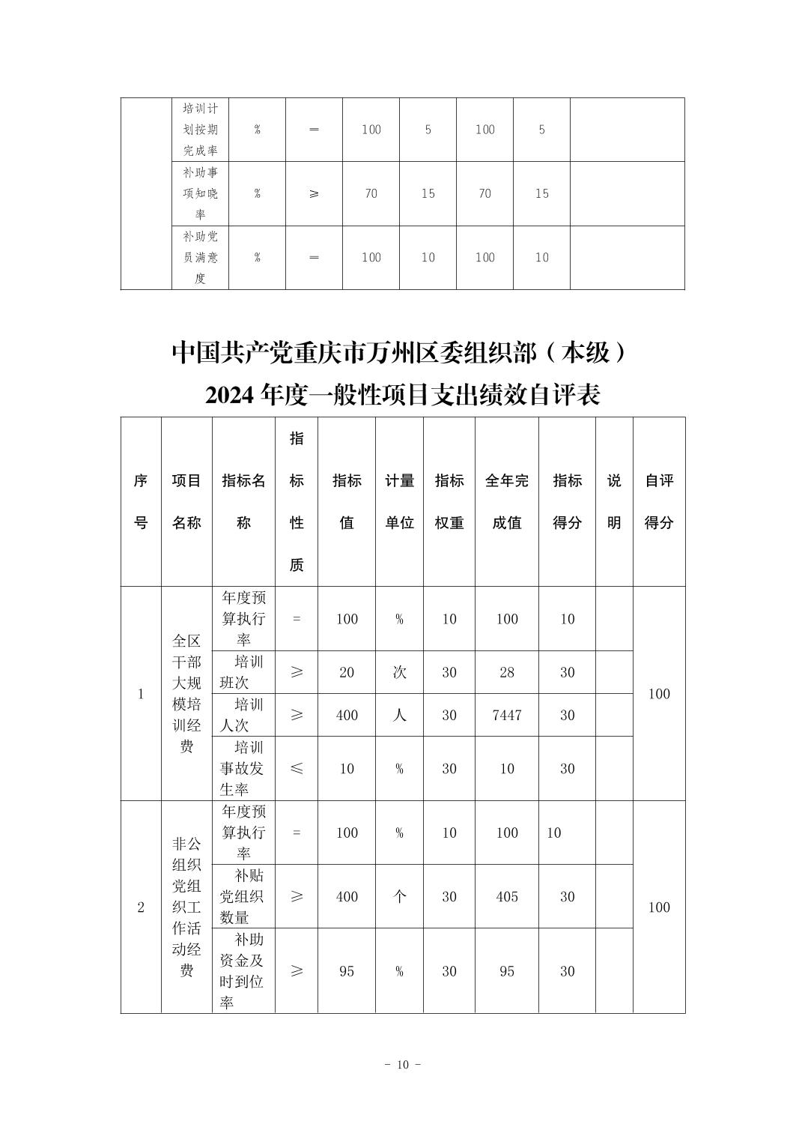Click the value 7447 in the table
point(507,715)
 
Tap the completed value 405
point(507,896)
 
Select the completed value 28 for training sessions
point(507,672)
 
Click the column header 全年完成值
point(507,501)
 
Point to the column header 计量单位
point(399,501)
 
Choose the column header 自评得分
point(659,501)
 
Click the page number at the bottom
point(402,1065)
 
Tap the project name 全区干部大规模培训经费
point(186,693)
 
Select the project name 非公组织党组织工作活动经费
point(186,907)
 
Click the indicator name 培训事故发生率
point(243,768)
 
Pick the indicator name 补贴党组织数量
point(243,896)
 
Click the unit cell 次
point(399,672)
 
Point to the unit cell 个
point(399,896)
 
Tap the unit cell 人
point(399,715)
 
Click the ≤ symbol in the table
point(297,768)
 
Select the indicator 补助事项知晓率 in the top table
point(200,193)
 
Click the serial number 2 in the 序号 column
point(141,907)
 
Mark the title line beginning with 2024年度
point(402,394)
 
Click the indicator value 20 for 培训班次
point(347,672)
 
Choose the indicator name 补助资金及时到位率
point(243,970)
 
